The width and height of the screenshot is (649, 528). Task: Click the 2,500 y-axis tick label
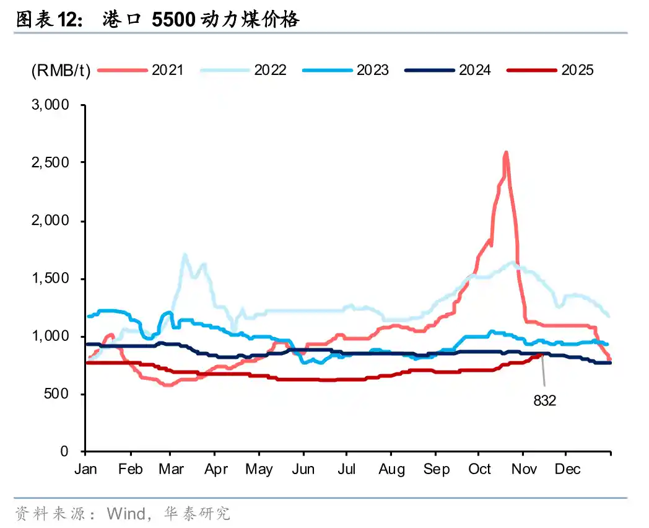(50, 162)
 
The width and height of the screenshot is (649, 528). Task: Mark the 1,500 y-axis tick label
(50, 278)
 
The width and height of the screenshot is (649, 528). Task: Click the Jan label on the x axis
(85, 469)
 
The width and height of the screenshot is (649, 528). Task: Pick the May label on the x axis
(259, 469)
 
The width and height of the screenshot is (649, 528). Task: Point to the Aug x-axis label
(391, 469)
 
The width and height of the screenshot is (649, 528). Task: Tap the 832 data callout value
(545, 401)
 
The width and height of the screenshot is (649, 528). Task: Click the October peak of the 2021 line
(506, 152)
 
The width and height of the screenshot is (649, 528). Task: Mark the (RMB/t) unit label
(61, 70)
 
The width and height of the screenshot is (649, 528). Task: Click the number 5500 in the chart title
(168, 20)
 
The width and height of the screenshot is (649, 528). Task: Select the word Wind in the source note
(126, 514)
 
